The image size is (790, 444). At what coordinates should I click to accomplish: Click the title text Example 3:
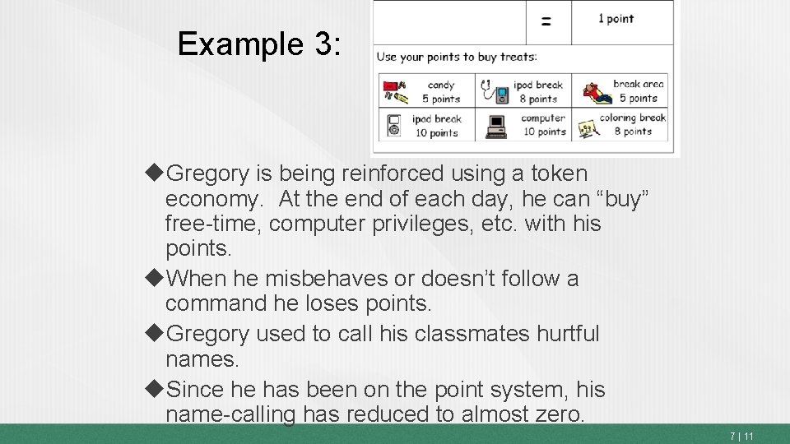258,44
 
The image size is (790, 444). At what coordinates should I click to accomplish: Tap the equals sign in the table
547,22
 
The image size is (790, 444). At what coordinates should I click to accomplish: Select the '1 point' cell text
616,19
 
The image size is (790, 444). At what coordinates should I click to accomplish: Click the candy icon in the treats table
395,90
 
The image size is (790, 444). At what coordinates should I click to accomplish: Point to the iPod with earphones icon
494,90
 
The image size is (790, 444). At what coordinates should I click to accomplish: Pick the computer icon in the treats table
495,125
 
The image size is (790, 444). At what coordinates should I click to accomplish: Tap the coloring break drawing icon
588,127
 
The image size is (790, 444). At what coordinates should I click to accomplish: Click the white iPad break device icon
394,125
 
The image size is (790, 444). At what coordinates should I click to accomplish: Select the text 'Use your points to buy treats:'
457,57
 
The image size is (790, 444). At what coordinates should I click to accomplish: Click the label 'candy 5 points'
441,91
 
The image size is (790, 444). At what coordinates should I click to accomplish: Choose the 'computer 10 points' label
543,125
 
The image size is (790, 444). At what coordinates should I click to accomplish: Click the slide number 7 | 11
741,436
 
